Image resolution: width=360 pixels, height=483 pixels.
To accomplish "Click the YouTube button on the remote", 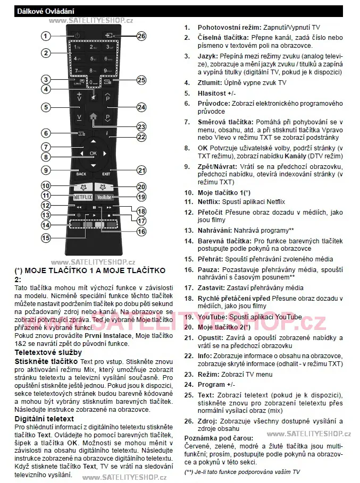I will point(105,197).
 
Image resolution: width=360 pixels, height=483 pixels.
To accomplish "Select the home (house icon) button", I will point(93,117).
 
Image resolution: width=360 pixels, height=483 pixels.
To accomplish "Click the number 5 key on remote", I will point(93,58).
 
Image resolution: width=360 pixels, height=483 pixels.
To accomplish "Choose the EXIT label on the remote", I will point(106,174).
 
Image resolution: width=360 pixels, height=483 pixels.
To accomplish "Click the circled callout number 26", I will point(141,36).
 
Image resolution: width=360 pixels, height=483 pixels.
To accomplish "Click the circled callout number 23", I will point(141,126).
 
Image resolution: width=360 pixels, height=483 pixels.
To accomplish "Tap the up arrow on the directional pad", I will point(93,142).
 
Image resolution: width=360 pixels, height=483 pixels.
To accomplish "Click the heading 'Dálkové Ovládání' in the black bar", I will point(38,11).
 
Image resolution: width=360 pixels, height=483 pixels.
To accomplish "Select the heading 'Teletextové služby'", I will point(48,352).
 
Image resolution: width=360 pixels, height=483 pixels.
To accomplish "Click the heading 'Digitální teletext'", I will point(44,419).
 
